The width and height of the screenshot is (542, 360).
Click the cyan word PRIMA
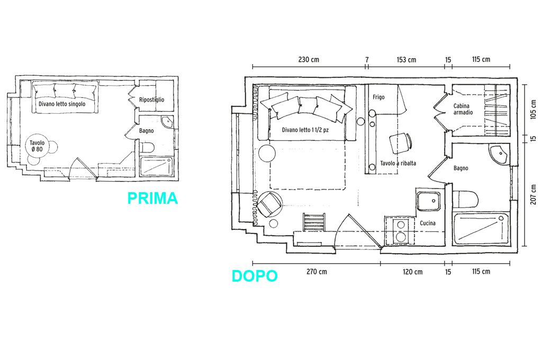point(152,198)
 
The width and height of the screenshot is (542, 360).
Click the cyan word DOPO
point(255,276)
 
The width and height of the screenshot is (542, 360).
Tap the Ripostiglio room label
point(152,100)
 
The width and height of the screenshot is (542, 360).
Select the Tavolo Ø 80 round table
point(37,146)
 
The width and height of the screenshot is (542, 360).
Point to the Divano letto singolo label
point(62,104)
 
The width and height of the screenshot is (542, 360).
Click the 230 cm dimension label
point(309,59)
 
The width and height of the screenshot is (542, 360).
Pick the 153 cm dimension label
point(406,60)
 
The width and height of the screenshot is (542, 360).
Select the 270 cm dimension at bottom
point(317,272)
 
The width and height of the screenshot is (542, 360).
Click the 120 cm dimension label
point(413,272)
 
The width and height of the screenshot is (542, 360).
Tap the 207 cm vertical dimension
point(534,194)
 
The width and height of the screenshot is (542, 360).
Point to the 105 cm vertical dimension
point(534,110)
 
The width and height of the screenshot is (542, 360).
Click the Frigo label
point(378,97)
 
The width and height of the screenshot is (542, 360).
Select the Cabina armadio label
point(463,109)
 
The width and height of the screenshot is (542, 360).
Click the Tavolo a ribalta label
point(398,163)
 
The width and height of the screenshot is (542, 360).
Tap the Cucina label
point(428,223)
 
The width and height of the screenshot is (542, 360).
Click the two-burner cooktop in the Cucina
point(400,231)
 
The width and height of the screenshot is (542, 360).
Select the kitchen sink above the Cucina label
point(429,201)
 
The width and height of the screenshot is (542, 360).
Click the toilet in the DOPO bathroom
point(465,200)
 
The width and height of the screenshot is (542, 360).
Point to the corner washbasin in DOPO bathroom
point(500,154)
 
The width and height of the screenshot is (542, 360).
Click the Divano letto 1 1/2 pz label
point(305,130)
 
